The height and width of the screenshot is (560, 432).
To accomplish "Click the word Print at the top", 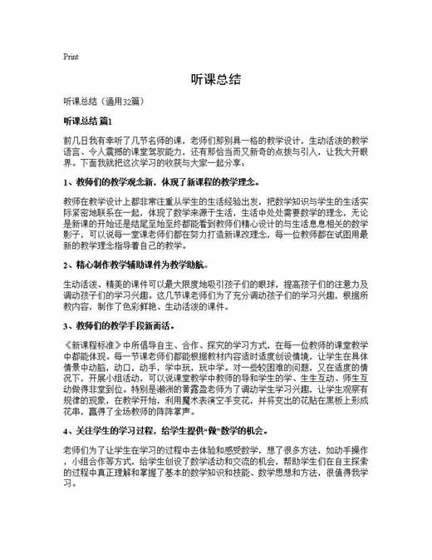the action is pos(71,57).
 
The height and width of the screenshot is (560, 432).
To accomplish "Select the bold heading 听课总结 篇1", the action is pos(93,121).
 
